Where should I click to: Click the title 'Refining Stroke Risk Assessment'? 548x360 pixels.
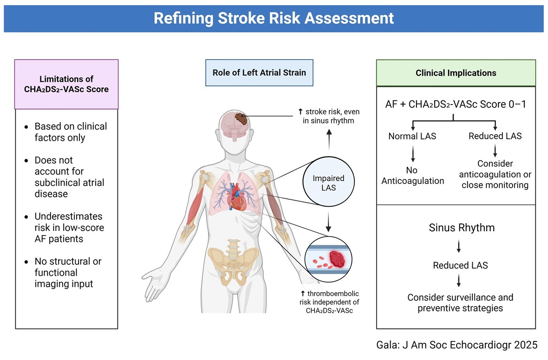[274, 19]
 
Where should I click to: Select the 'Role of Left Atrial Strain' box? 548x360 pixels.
[259, 72]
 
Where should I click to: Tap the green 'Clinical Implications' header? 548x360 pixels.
[456, 73]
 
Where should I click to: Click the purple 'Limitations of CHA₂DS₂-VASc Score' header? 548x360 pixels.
[67, 84]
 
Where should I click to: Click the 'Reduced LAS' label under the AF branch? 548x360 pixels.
[495, 136]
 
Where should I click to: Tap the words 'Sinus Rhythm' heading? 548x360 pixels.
[461, 228]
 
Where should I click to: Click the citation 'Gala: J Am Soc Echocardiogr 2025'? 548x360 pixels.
[457, 345]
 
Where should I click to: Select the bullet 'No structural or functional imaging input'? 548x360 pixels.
[68, 272]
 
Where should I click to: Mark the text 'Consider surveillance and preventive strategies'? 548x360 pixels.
[460, 302]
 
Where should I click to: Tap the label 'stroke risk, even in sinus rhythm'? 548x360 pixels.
[329, 116]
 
